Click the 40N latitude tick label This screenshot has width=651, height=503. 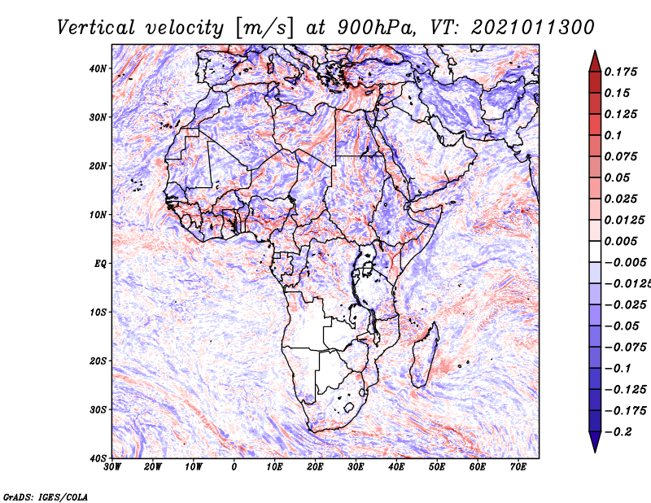point(98,68)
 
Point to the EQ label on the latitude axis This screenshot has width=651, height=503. point(100,264)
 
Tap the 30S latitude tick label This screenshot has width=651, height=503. point(98,410)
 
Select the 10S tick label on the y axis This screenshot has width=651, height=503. point(98,313)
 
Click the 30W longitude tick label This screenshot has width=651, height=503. point(112,467)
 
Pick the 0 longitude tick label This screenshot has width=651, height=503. point(234,467)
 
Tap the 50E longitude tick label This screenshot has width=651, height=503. point(437,467)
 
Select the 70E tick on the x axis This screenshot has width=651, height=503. point(518,467)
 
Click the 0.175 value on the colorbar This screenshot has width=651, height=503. point(620,72)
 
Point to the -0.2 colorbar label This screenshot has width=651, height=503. point(618,432)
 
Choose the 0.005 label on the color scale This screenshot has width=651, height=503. point(620,241)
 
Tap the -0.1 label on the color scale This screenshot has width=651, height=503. point(618,369)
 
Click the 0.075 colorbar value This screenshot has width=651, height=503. point(620,156)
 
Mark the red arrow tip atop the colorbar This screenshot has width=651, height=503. point(595,51)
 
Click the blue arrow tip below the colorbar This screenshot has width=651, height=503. point(595,451)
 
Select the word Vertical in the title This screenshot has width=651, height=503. point(96,28)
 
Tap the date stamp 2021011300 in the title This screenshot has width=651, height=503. point(533,28)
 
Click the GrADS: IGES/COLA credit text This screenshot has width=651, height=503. point(46,496)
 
